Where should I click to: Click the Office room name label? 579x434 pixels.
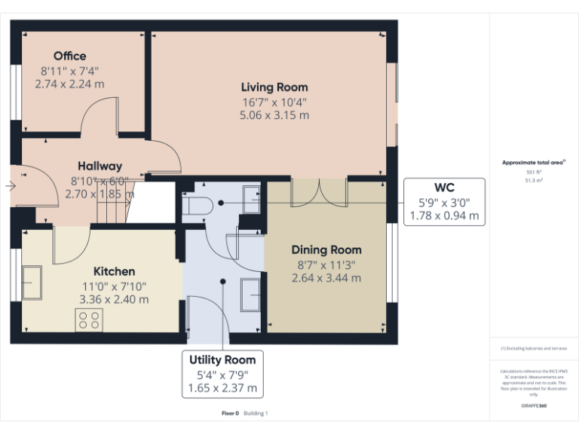coord(69,56)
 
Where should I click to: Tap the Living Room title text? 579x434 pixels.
coord(274,87)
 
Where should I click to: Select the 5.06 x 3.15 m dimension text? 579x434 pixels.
coord(274,115)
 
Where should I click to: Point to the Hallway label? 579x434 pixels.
coord(100,166)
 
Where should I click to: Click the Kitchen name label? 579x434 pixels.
coord(114,271)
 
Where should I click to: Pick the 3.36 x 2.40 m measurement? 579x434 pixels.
coord(114,299)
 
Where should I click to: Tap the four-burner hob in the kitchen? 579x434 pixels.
coord(89,320)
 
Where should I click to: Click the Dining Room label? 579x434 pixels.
coord(326,249)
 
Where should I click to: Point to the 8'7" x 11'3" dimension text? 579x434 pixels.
coord(326,264)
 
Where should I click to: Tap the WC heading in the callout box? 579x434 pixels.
coord(444,188)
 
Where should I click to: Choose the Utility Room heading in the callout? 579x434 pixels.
coord(222,359)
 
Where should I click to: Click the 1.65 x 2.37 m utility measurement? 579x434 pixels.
coord(222,389)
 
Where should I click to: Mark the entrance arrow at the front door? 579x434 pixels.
coord(11,185)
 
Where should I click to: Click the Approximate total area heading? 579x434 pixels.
coord(533,163)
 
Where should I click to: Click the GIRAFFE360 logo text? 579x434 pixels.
coord(533,405)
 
